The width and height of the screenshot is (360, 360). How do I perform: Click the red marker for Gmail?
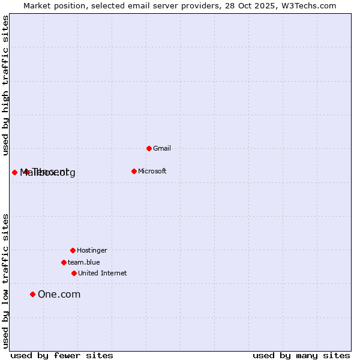[149, 148]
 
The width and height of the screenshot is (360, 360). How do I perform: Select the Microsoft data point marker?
[134, 171]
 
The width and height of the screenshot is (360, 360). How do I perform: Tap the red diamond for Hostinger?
[73, 250]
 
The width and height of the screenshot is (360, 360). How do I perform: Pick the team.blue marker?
[64, 262]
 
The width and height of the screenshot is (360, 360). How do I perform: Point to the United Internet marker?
[74, 273]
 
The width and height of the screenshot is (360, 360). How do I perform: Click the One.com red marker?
[32, 294]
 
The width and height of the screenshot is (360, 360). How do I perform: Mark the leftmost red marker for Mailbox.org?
[14, 172]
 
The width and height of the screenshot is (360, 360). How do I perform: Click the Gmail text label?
[162, 148]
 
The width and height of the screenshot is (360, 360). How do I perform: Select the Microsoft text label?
[152, 171]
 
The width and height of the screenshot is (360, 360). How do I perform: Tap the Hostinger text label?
[92, 250]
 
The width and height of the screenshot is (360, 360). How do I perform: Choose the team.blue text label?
[84, 262]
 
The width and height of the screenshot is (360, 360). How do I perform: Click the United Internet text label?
[103, 273]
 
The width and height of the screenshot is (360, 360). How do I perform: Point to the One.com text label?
[59, 294]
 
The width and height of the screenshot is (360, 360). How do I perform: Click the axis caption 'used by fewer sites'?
[62, 356]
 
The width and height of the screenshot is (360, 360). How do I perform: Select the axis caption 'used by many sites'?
[301, 356]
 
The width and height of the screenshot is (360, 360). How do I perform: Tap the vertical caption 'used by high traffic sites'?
[5, 85]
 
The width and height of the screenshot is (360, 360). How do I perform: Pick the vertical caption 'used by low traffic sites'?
[5, 281]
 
